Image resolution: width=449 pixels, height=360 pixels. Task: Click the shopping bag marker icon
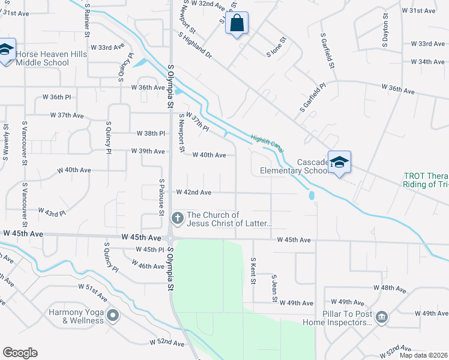coord(237,24)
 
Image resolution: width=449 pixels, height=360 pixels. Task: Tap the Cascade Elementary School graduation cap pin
coord(339,163)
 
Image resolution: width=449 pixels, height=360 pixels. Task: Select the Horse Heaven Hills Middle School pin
coord(6,50)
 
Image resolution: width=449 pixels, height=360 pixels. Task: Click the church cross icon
coord(177,217)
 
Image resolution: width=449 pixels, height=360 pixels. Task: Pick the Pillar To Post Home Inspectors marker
coord(381,316)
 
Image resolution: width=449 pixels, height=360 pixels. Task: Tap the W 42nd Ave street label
coord(193,193)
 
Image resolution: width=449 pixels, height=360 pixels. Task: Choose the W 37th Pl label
coord(197,122)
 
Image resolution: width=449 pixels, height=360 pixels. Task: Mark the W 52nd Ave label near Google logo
coord(167,343)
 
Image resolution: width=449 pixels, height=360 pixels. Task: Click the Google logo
coord(20,353)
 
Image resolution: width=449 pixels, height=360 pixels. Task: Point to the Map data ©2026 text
coord(423,355)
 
